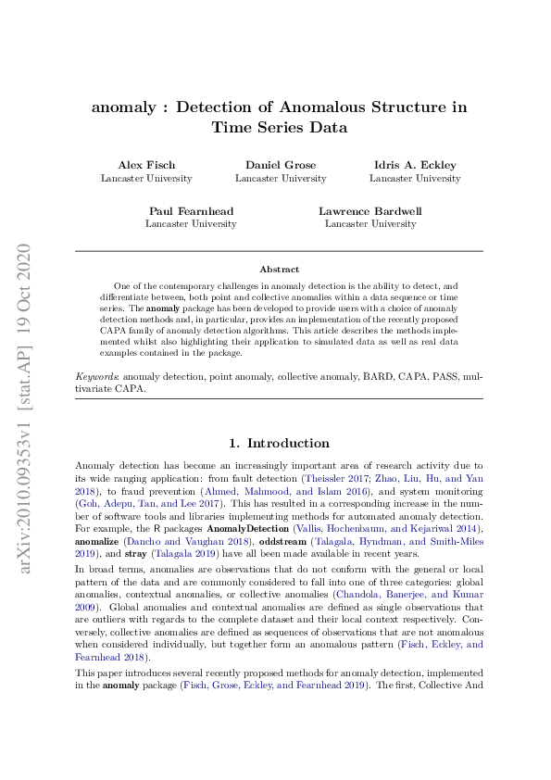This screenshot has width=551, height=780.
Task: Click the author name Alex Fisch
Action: click(x=146, y=165)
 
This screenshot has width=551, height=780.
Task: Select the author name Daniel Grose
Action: click(x=281, y=165)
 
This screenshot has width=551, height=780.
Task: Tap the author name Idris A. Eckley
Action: click(x=415, y=165)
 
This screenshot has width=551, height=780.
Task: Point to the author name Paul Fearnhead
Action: click(x=191, y=211)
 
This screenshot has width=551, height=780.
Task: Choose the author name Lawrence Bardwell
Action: click(x=370, y=211)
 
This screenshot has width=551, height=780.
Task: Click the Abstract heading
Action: click(x=279, y=269)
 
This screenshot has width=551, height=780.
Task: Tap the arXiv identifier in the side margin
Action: click(x=25, y=408)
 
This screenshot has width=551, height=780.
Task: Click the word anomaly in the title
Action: click(x=122, y=107)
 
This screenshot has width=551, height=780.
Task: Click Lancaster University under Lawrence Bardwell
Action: click(x=370, y=224)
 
